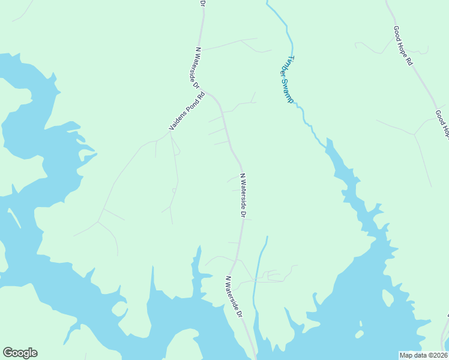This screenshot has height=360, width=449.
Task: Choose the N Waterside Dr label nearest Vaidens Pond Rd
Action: pos(194,68)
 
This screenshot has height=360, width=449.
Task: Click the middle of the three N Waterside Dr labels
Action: pos(243,196)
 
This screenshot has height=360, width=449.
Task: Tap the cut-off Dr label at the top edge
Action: pos(202,4)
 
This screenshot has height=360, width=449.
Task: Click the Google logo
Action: pos(20,353)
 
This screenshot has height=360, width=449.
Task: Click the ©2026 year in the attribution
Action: pos(438,355)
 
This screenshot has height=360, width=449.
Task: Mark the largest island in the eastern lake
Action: pos(359,334)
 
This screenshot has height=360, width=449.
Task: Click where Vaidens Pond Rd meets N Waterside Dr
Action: pos(206,92)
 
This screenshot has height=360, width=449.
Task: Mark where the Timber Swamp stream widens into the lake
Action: pos(328,144)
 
